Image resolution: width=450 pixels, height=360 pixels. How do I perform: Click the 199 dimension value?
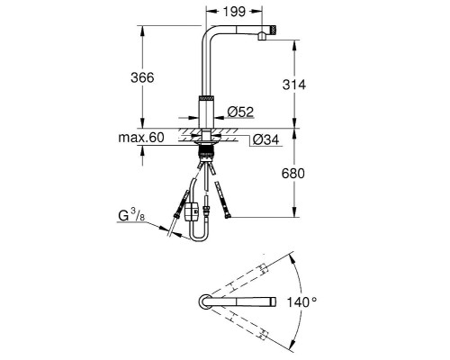(x=234, y=12)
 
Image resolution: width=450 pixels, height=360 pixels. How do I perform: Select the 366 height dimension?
(x=142, y=77)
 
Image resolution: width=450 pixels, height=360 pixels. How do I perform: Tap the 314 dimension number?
(x=294, y=85)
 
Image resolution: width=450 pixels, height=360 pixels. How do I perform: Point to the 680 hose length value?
(x=293, y=174)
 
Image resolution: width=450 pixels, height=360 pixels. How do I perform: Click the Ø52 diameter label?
(x=240, y=112)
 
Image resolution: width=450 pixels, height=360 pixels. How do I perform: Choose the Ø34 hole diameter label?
(x=265, y=139)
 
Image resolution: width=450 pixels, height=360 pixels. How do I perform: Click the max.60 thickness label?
(x=141, y=138)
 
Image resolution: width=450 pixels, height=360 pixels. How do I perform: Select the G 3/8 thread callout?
(x=131, y=215)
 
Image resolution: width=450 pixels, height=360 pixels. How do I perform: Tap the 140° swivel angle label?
(x=301, y=301)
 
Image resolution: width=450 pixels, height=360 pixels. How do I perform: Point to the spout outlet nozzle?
(x=262, y=36)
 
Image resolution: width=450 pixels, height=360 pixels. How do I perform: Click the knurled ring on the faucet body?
(x=207, y=98)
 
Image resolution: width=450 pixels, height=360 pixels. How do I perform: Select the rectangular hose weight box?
(x=192, y=211)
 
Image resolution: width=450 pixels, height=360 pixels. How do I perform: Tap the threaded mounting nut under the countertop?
(x=207, y=150)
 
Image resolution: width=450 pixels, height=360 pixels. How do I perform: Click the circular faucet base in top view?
(x=206, y=301)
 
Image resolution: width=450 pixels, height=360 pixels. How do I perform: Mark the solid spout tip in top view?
(x=274, y=301)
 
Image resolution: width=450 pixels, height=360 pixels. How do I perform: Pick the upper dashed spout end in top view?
(x=263, y=268)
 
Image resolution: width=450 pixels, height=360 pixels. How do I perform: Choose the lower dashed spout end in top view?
(x=264, y=335)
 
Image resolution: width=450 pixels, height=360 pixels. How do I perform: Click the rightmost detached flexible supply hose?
(x=222, y=200)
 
